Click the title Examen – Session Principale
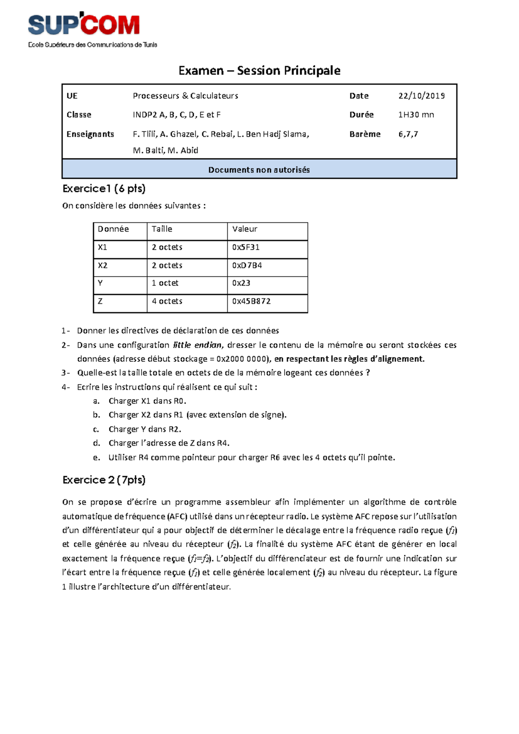tap(259, 71)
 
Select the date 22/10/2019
tap(421, 96)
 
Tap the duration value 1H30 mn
tap(416, 115)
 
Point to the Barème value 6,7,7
tap(408, 134)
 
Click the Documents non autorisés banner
tap(259, 170)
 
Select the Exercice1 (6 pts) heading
tap(104, 189)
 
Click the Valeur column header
tap(245, 229)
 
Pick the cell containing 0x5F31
tap(246, 247)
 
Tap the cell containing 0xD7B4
tap(247, 265)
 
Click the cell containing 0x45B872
tap(251, 301)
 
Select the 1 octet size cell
tap(165, 283)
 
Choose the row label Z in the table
tap(100, 301)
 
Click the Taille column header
tap(162, 229)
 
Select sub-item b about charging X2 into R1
tap(197, 415)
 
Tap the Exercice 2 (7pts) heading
tap(104, 480)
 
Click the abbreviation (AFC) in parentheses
tap(178, 516)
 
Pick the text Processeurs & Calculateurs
tap(185, 96)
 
